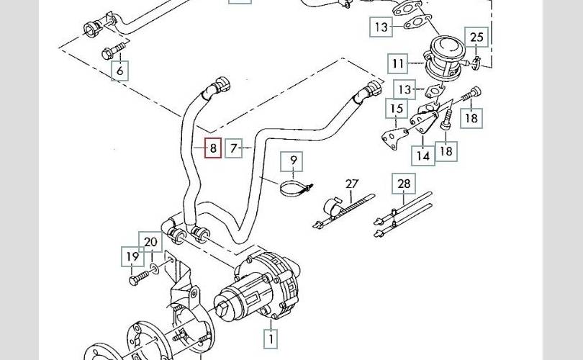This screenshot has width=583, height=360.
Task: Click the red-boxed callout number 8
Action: coord(212,148)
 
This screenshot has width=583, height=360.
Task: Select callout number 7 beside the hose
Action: coord(234,148)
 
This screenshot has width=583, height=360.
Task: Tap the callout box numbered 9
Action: coord(294,161)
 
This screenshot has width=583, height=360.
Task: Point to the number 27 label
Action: coord(351,185)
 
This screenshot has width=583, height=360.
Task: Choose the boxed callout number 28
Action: coord(404,184)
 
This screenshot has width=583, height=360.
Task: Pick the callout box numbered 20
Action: coord(150,242)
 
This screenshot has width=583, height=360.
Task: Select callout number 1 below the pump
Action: coord(271,336)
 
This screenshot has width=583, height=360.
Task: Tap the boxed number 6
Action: coord(120,70)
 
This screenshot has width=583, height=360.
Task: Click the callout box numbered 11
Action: coord(399,63)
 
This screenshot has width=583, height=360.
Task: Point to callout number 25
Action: coord(477,37)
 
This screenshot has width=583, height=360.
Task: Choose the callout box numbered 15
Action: coord(396,109)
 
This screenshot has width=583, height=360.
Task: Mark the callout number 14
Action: coord(423,155)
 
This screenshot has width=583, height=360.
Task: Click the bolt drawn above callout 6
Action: coord(113,51)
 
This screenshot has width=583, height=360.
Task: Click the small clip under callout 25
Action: coord(476,68)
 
